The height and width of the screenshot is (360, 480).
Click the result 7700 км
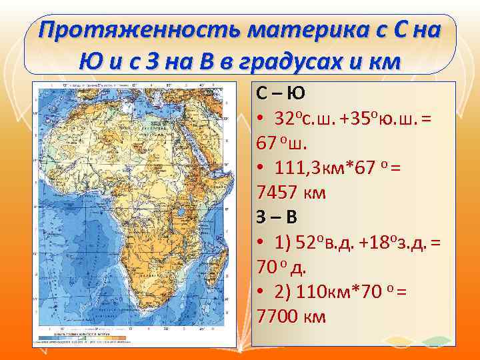tap(291, 316)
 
